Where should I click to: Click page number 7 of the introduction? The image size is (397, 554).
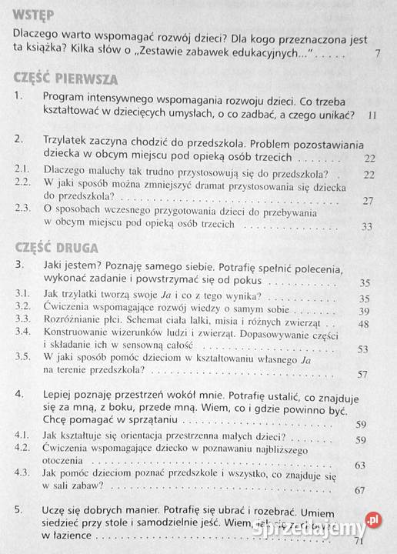375,55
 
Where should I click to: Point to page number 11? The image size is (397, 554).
373,115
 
